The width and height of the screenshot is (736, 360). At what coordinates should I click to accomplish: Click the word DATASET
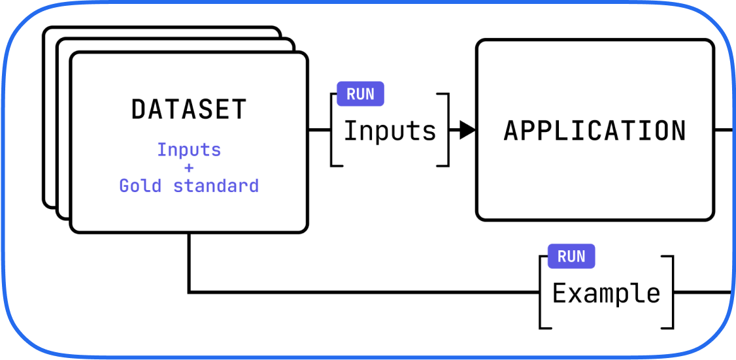coord(189,109)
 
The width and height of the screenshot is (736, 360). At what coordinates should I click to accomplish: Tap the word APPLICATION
coord(595,131)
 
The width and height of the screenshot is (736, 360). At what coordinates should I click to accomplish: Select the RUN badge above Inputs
coord(360,94)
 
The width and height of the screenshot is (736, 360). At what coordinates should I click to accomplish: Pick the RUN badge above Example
coord(571,257)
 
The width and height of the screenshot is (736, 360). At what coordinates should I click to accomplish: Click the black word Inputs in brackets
coord(390,131)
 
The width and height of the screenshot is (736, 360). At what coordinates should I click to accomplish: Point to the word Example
coord(606,293)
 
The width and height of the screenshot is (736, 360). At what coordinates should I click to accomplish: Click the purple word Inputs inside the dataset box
coord(189,150)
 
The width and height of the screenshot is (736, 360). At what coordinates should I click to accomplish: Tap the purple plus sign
coord(189,168)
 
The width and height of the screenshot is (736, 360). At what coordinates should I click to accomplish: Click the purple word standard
coord(216,186)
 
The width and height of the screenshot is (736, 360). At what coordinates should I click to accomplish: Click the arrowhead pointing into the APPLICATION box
coord(467,130)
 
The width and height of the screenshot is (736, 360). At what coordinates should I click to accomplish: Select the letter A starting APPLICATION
coord(512,131)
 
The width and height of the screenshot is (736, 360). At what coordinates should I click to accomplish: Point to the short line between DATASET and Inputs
coord(319,130)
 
